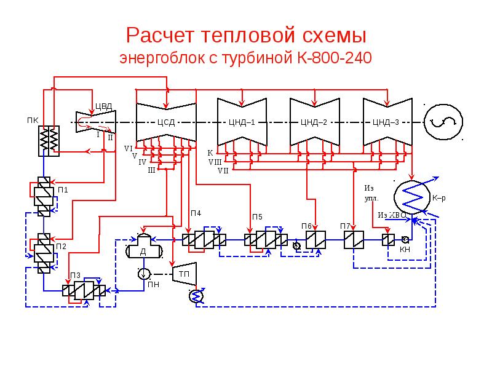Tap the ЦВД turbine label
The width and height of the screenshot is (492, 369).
click(x=103, y=106)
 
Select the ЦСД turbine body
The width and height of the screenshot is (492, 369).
click(x=165, y=122)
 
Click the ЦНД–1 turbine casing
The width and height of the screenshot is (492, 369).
click(x=241, y=122)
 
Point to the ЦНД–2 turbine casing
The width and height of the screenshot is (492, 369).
click(x=314, y=122)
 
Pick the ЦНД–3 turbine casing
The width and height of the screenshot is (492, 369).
click(x=386, y=122)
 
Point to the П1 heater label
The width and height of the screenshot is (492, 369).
click(x=63, y=189)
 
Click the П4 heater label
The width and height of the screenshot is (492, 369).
click(x=195, y=213)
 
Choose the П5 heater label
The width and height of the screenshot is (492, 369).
click(x=257, y=216)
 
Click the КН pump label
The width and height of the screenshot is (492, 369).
click(x=405, y=250)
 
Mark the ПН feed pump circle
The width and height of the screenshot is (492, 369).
click(x=143, y=273)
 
